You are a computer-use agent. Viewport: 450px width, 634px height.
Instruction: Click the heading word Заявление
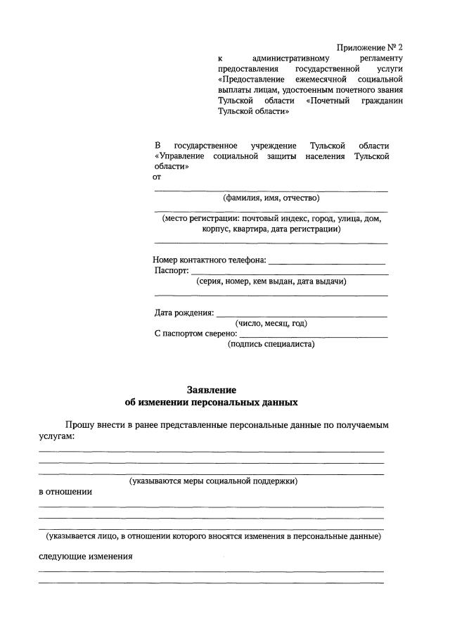click(212, 389)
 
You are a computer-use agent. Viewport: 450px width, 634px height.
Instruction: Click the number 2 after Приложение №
click(401, 48)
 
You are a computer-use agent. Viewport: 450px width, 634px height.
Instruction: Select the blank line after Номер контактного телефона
click(326, 261)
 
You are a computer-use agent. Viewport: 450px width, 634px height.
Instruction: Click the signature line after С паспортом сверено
click(314, 336)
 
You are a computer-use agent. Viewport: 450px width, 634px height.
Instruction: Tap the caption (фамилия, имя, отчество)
click(271, 198)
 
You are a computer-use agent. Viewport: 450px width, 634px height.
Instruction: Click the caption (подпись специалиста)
click(271, 344)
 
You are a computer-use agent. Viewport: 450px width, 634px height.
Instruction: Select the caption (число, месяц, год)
click(271, 323)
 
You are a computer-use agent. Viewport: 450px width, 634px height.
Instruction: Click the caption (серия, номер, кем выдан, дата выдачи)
click(271, 281)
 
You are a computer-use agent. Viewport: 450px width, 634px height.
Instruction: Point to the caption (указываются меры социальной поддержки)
click(213, 481)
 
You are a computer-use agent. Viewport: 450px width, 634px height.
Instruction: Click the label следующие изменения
click(85, 557)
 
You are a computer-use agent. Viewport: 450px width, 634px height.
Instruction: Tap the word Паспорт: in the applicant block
click(172, 270)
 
